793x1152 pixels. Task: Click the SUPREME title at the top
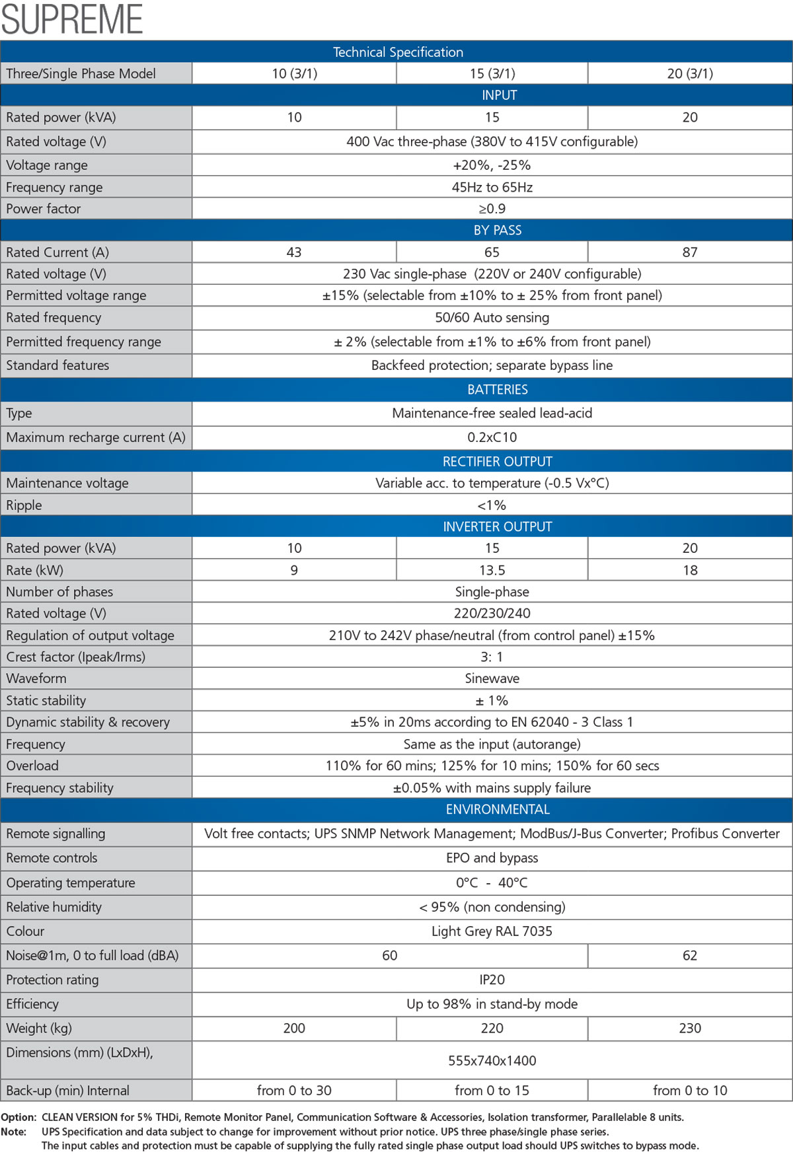coord(72,19)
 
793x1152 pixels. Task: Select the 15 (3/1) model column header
coord(492,73)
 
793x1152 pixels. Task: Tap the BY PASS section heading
coord(498,230)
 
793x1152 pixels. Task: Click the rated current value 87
coord(690,252)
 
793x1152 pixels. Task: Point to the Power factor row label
coord(44,209)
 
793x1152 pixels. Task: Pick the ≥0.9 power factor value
coord(492,209)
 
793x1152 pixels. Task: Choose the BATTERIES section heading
coord(498,389)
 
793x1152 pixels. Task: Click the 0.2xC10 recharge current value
coord(492,437)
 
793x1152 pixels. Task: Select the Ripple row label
coord(24,505)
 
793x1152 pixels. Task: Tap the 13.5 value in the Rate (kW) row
coord(492,570)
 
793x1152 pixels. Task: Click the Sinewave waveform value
coord(492,678)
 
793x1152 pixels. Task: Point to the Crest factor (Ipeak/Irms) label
coord(76,657)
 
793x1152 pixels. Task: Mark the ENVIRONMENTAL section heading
coord(498,809)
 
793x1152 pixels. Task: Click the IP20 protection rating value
coord(492,980)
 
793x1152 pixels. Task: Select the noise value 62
coord(690,955)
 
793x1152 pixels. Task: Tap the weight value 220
coord(492,1028)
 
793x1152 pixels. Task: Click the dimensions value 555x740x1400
coord(492,1061)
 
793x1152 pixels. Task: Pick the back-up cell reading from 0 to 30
coord(294,1091)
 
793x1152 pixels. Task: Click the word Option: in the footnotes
coord(19,1117)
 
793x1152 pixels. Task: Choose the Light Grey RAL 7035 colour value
coord(492,931)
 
